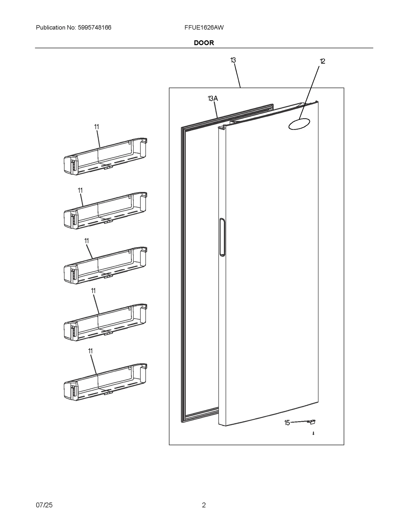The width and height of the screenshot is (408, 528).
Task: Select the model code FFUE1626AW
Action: point(204,28)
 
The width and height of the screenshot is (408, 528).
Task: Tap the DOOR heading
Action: point(204,43)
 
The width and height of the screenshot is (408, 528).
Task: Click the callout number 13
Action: point(233,60)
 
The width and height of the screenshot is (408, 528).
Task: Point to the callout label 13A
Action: point(213,98)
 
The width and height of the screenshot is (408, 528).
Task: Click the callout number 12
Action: point(322,61)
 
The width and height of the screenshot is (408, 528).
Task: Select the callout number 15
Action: point(287,423)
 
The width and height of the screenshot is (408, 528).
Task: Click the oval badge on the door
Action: point(299,124)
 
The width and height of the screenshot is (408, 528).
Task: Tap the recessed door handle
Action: point(222,237)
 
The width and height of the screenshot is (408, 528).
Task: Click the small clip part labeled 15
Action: point(312,422)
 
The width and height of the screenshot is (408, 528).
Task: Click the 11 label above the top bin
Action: point(96,127)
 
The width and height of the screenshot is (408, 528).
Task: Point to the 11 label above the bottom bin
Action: point(90,351)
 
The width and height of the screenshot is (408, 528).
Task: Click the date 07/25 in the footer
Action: point(44,505)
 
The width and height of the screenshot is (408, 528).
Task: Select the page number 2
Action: point(204,505)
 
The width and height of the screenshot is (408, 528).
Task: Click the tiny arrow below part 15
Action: point(313,433)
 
